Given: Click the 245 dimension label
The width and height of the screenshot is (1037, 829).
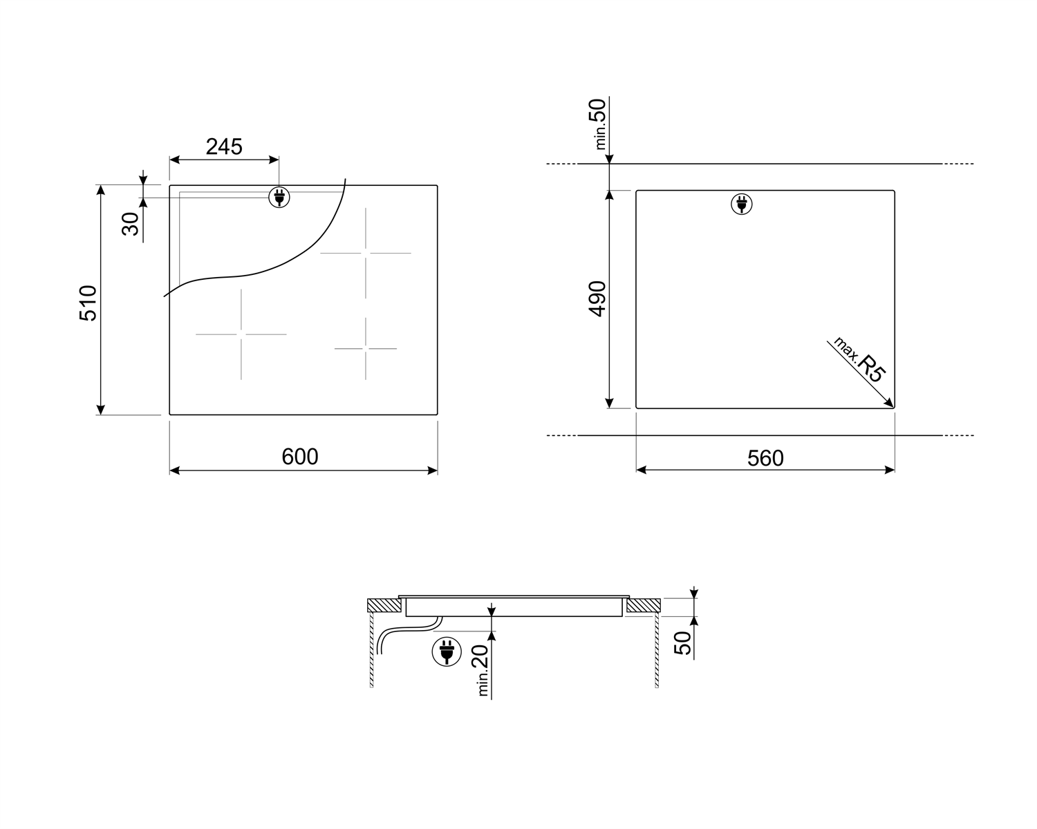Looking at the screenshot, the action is click(x=224, y=147).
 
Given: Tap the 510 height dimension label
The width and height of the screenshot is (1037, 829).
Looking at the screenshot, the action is click(x=88, y=303).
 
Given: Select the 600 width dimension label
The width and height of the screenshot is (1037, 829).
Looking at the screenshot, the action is click(x=300, y=457).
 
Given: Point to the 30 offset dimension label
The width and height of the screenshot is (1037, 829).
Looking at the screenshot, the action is click(x=130, y=224).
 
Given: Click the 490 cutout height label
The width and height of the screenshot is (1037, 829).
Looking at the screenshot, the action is click(x=597, y=298).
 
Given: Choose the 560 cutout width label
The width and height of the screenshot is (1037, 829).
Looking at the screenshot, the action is click(x=765, y=458).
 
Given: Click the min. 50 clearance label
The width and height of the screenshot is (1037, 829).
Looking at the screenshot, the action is click(x=598, y=124).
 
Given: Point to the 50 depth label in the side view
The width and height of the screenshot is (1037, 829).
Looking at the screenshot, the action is click(x=682, y=642).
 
